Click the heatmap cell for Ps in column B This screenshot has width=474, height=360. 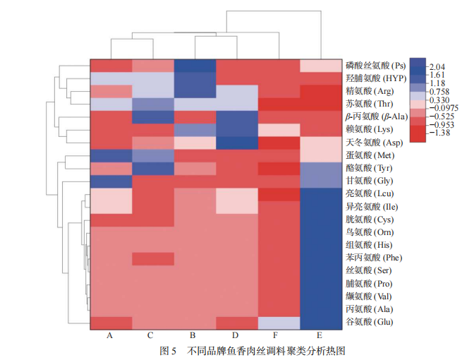coord(194,65)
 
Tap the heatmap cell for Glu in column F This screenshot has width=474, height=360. coord(278,323)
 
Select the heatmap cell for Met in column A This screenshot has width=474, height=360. coord(111,155)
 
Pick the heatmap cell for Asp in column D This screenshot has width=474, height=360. coord(236,143)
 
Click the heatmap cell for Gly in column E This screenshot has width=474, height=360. coord(320,181)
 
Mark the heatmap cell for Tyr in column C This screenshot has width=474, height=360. coord(152,168)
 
